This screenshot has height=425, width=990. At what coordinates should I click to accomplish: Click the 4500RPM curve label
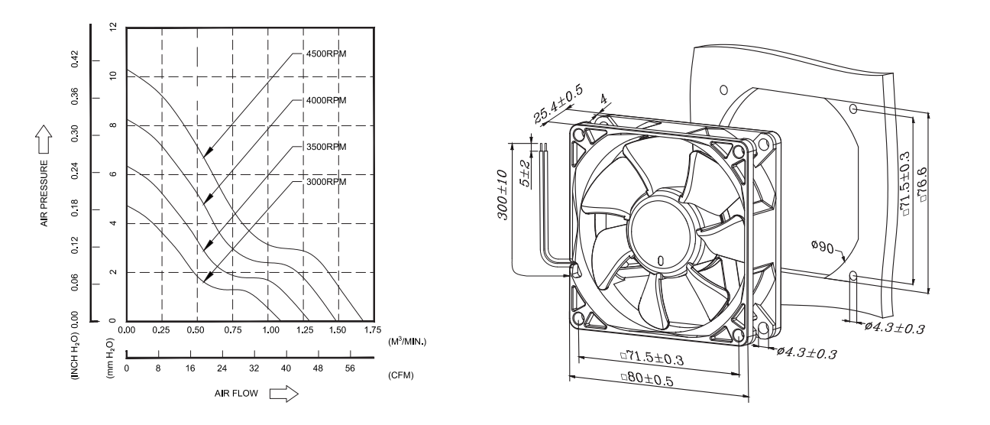(326, 54)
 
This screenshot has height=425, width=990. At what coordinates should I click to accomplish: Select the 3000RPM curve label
(326, 182)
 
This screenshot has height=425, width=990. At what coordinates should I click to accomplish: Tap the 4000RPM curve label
(326, 100)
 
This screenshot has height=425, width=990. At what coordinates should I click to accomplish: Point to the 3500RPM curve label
(326, 147)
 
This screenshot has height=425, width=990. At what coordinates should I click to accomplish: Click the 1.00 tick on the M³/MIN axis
(270, 330)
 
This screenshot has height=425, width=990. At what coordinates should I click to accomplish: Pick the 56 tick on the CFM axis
(350, 368)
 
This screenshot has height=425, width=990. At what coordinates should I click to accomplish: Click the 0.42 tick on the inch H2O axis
(75, 60)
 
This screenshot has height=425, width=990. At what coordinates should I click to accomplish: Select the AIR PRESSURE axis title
(44, 193)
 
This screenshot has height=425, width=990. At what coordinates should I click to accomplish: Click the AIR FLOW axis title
(236, 394)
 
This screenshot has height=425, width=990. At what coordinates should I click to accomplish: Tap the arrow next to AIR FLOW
(283, 394)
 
